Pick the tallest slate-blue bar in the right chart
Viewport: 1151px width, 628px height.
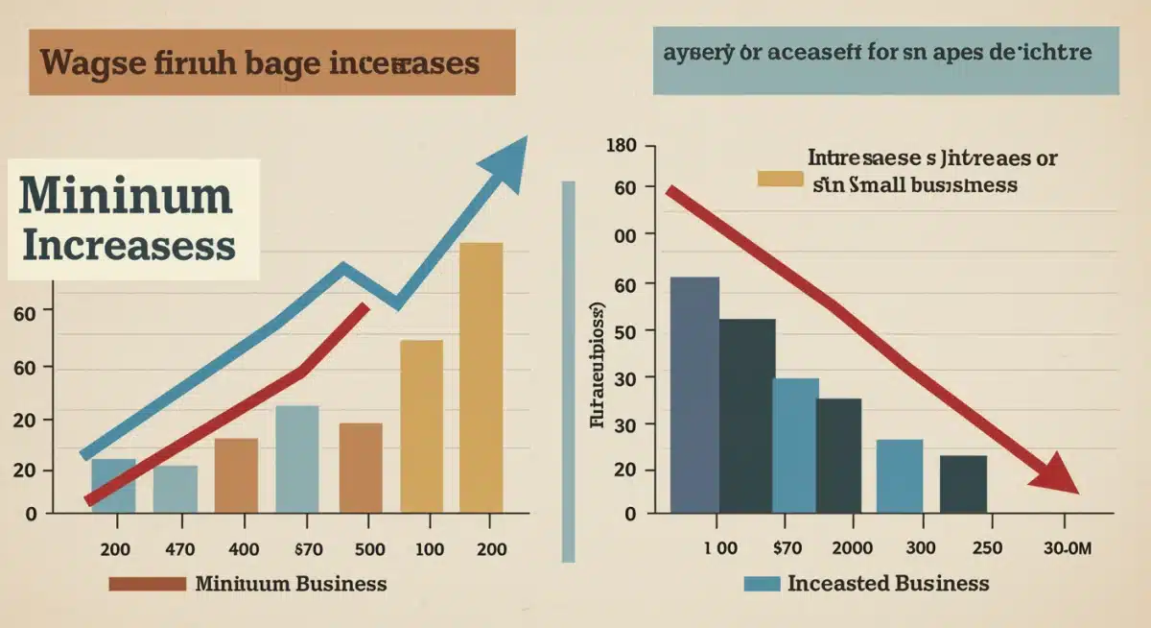coord(694,394)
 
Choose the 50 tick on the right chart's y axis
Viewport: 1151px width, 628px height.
coord(623,331)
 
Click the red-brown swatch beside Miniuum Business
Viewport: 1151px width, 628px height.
coord(147,584)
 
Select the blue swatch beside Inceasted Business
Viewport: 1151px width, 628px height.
coord(762,584)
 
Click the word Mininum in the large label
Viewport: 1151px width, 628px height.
coord(126,196)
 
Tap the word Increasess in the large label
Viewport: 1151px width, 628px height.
coord(128,245)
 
